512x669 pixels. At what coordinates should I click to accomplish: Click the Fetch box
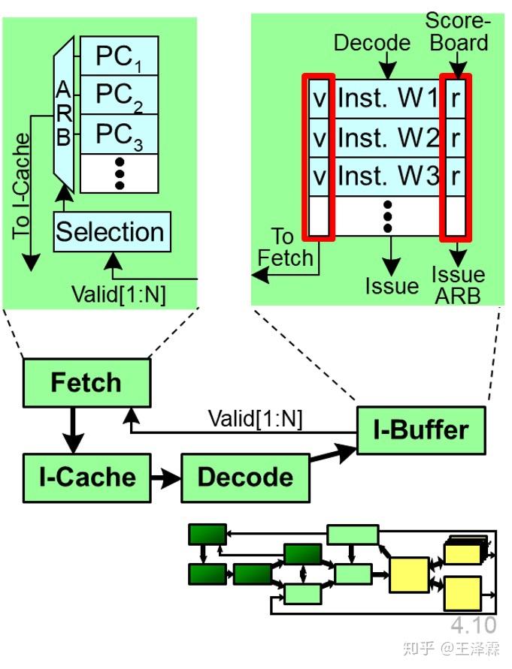tap(86, 383)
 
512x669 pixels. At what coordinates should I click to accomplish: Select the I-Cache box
tap(86, 477)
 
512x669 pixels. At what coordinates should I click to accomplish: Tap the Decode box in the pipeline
tap(245, 478)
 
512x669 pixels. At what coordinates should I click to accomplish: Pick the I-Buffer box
tap(420, 429)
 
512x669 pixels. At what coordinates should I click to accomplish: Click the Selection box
tap(111, 231)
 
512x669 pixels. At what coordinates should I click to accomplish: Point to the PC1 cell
tap(119, 55)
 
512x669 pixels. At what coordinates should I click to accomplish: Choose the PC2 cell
tap(119, 94)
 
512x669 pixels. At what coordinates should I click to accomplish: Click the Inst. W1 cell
tap(386, 98)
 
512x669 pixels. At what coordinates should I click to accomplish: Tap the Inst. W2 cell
tap(386, 138)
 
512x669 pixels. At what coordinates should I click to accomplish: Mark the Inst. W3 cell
tap(386, 178)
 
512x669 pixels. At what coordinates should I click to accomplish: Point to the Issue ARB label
tap(457, 285)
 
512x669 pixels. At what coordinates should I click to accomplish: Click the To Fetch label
tap(285, 248)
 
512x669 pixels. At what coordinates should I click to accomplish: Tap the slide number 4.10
tap(474, 625)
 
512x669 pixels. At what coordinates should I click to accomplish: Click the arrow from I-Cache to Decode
tap(165, 478)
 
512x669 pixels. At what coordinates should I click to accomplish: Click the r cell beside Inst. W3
tap(456, 178)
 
